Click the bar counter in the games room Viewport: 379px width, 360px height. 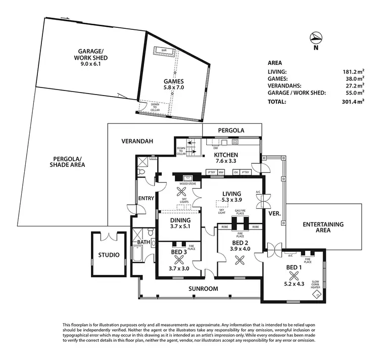point(164,51)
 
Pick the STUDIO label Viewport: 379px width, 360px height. point(109,255)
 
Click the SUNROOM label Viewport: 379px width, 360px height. point(203,289)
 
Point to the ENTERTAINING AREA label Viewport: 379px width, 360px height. point(323,227)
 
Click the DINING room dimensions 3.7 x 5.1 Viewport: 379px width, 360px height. point(180,227)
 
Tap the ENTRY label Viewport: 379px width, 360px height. point(146,198)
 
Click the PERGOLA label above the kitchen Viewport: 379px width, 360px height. point(231,130)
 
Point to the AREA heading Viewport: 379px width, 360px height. point(274,63)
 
